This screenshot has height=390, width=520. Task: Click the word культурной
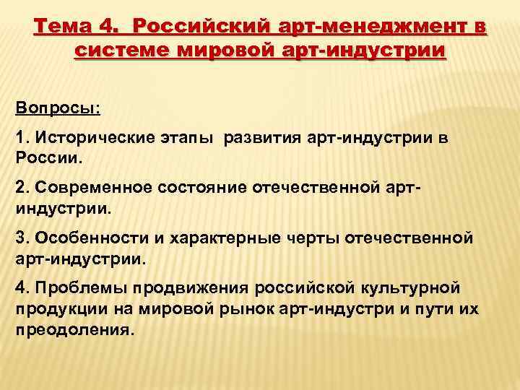(x=413, y=288)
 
